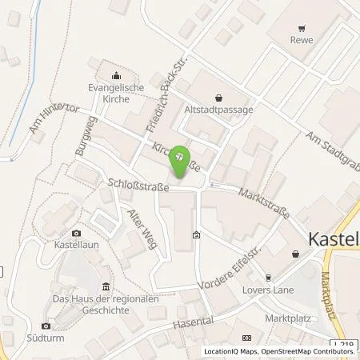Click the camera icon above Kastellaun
[x=77, y=232]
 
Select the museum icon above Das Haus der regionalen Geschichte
[x=106, y=286]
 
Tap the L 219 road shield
[x=344, y=346]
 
